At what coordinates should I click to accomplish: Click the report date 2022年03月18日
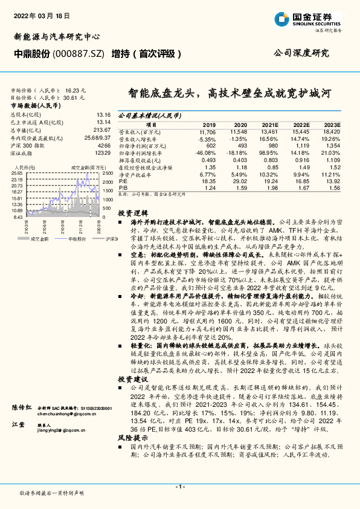click(37, 16)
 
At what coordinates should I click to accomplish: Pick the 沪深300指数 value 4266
click(104, 146)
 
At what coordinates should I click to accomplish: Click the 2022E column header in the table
click(301, 124)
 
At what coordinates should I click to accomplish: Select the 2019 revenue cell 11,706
click(207, 132)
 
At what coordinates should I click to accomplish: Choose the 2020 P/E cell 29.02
click(239, 181)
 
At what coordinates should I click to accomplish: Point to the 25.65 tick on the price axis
click(17, 173)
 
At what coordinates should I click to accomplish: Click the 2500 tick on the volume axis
click(108, 173)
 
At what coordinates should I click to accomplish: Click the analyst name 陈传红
click(22, 409)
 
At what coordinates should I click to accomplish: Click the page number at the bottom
click(179, 487)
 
